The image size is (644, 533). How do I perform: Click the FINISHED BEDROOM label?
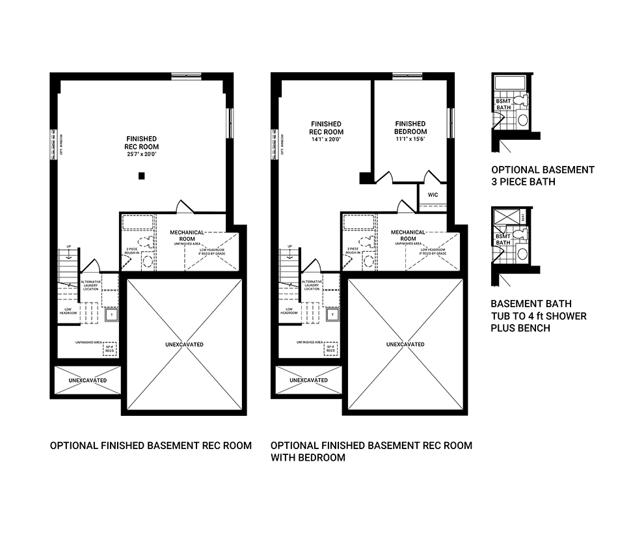[410, 128]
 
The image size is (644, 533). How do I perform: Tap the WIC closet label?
[433, 195]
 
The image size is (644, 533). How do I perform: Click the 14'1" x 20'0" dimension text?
[326, 139]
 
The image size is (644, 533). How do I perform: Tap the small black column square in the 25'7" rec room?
[142, 176]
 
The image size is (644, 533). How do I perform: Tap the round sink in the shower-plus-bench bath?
[522, 253]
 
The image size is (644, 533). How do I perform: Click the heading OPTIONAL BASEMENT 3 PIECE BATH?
[543, 176]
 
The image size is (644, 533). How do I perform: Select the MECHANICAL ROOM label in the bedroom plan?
[408, 235]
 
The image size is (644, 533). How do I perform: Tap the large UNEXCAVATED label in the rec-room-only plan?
[183, 344]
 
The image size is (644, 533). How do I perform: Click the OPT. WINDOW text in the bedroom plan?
[283, 145]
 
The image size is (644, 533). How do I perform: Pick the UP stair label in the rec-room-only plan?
[68, 247]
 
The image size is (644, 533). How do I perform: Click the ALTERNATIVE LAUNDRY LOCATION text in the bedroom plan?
[312, 285]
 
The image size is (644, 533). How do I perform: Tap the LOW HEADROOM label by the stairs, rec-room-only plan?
[68, 311]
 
